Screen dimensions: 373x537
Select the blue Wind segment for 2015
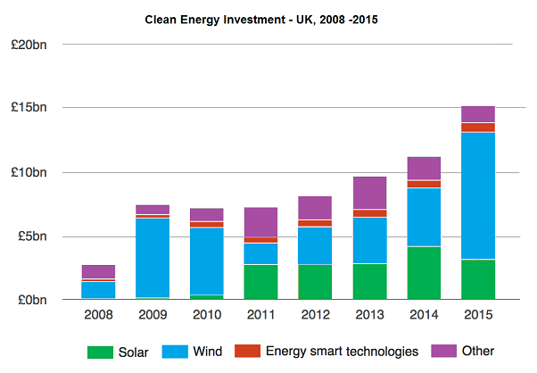(478, 195)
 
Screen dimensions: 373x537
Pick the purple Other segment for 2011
(260, 222)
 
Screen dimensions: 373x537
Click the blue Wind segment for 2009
(153, 258)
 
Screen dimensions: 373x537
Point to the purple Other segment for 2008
(98, 271)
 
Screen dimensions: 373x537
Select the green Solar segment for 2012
(315, 282)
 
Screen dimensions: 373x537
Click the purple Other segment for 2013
(369, 193)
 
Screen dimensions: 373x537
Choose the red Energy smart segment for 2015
(478, 127)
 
